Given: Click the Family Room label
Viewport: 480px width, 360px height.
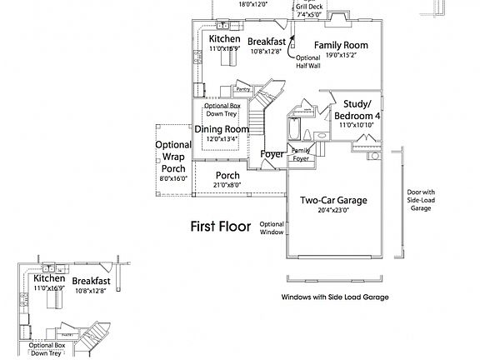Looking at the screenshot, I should point(340,45).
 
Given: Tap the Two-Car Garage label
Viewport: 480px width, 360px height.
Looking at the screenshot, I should point(333,200).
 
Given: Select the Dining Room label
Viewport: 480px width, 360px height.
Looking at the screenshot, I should point(222,129).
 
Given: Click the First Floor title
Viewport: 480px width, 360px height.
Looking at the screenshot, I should point(221,226).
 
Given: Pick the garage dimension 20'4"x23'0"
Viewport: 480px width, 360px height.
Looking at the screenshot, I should point(333,211).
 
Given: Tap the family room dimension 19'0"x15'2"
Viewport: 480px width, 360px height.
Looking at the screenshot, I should point(340,56).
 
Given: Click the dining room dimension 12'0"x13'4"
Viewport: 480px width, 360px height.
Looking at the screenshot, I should point(222,139).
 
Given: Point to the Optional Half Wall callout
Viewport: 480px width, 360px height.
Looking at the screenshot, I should point(308,62).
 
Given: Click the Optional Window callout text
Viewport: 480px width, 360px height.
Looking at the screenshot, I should point(272,228).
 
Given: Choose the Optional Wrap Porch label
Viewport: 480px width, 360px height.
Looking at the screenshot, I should point(173,157).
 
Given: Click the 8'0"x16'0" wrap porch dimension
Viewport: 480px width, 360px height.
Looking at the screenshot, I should point(173,178).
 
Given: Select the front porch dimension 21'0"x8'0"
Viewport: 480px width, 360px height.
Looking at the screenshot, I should point(227,185).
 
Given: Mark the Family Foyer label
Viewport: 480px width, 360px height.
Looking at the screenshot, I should point(300,153).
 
